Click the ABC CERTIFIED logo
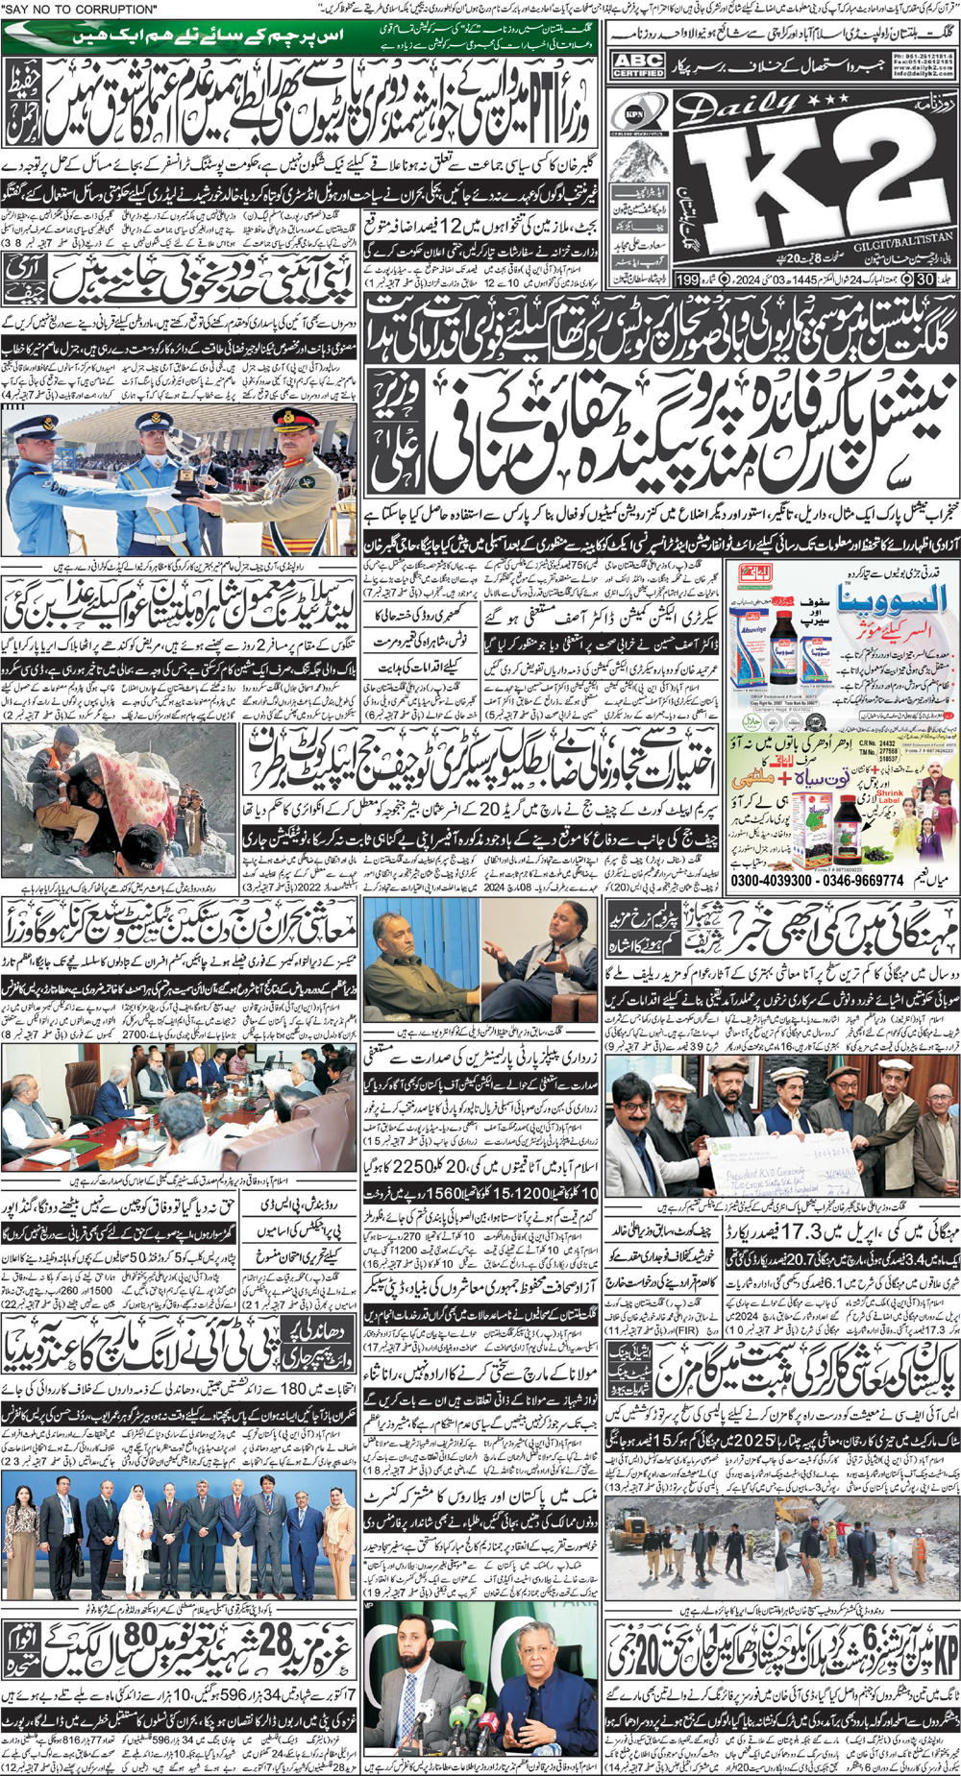(638, 65)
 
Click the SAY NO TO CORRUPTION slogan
(81, 9)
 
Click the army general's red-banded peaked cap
(288, 421)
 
